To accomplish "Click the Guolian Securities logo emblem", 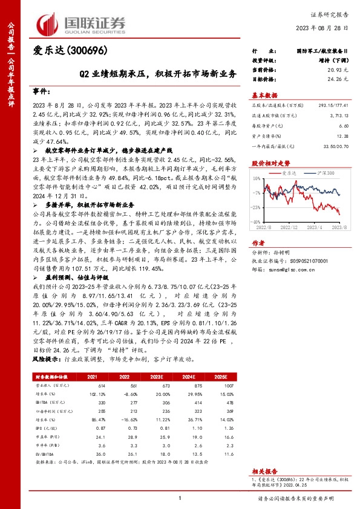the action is [x=48, y=22].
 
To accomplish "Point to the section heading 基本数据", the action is [x=264, y=95].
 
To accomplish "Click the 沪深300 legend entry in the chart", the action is [x=323, y=173].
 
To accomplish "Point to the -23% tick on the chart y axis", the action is [x=256, y=207].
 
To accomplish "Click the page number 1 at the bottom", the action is [x=180, y=498].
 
